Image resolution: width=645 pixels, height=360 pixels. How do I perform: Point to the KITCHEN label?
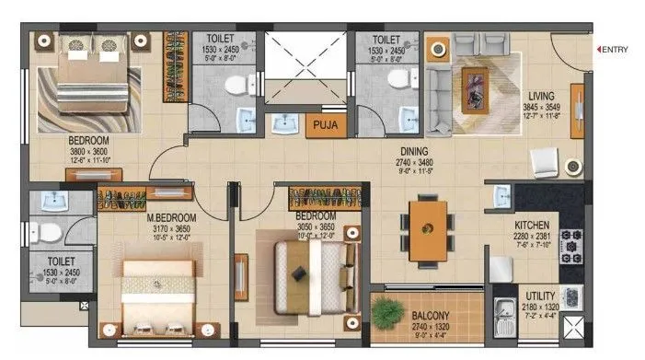533,224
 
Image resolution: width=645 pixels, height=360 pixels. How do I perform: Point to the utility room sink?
504,310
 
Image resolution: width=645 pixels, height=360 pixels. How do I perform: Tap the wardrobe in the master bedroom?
146,196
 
